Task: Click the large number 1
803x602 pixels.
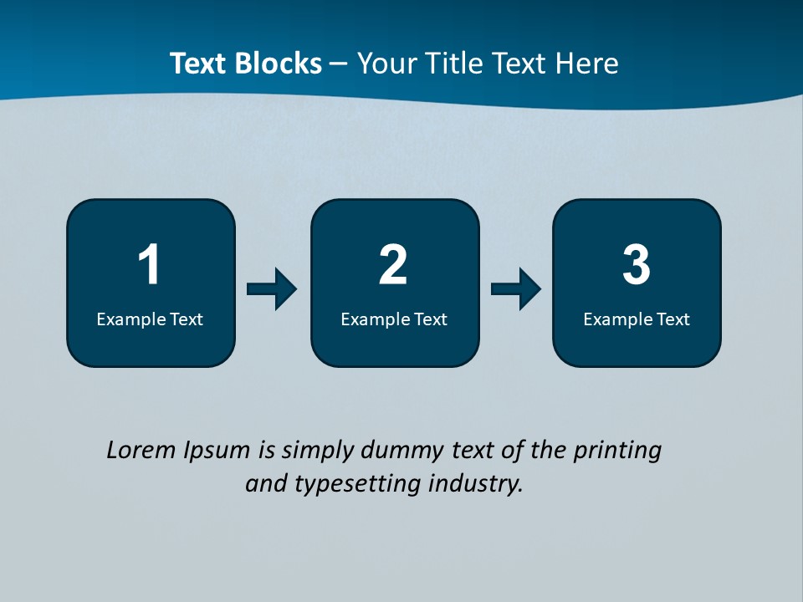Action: pyautogui.click(x=149, y=265)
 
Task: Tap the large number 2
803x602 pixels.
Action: pyautogui.click(x=393, y=265)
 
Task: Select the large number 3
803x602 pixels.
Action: pyautogui.click(x=637, y=265)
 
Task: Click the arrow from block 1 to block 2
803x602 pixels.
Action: pyautogui.click(x=272, y=289)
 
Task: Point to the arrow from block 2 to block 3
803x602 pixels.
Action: pyautogui.click(x=516, y=289)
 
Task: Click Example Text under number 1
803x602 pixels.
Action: pyautogui.click(x=150, y=319)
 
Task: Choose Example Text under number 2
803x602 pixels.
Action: pyautogui.click(x=394, y=319)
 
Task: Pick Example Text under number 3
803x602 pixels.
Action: pyautogui.click(x=637, y=319)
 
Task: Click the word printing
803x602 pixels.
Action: pyautogui.click(x=617, y=451)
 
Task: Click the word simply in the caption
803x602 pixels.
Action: pyautogui.click(x=318, y=451)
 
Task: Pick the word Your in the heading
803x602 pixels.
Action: pyautogui.click(x=386, y=64)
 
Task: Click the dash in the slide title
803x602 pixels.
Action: pyautogui.click(x=339, y=64)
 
